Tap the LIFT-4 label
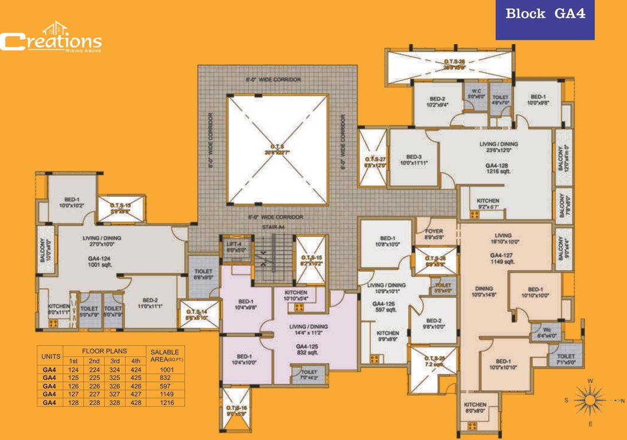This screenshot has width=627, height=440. [x=232, y=247]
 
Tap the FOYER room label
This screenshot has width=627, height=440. [x=434, y=234]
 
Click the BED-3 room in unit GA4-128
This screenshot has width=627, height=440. [x=414, y=160]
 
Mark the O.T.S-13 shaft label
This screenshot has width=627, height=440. [x=120, y=207]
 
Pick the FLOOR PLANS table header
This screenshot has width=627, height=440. [x=104, y=351]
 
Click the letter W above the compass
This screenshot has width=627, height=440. [x=591, y=381]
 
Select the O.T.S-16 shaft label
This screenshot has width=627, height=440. [x=235, y=410]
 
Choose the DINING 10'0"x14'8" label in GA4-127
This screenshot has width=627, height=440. [x=483, y=292]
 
